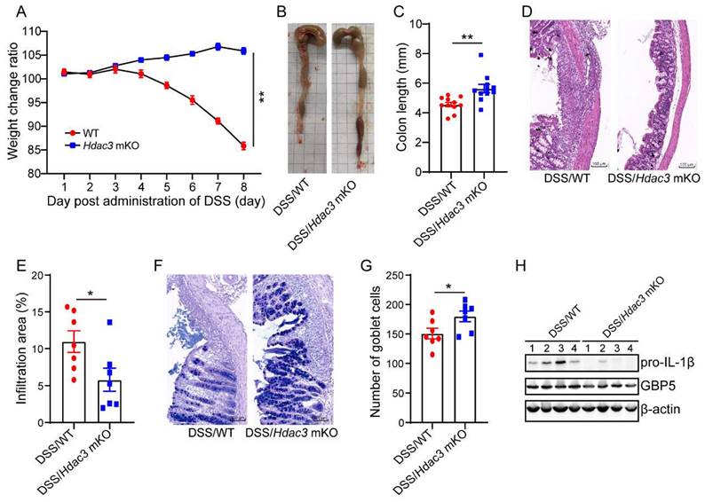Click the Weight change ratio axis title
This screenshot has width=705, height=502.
click(x=12, y=102)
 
